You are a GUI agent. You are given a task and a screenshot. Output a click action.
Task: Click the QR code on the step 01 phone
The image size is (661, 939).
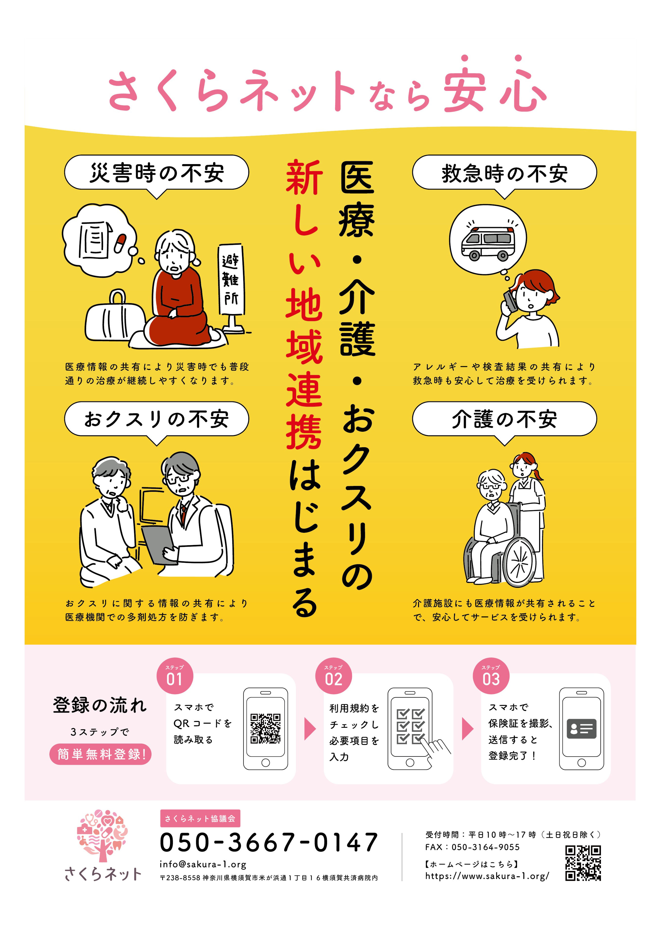[266, 728]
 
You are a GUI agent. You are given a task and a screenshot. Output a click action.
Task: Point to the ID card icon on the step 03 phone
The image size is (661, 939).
[581, 729]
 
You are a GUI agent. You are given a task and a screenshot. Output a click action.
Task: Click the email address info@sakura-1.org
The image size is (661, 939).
[203, 864]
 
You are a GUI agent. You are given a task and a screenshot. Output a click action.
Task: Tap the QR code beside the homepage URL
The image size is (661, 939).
[583, 863]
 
